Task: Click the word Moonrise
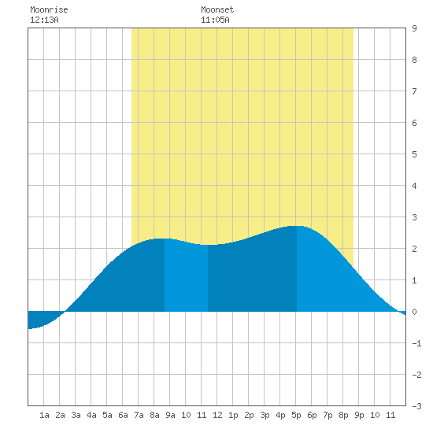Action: (49, 9)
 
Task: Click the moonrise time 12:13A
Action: (44, 20)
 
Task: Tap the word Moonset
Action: (217, 9)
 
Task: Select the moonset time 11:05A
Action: (215, 20)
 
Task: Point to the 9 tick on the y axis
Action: (414, 28)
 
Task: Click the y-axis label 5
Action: (414, 154)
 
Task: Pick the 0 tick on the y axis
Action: (414, 312)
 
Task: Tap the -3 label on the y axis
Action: (416, 406)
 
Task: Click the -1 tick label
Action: (416, 343)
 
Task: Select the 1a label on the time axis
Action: (44, 415)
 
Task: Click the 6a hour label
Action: (123, 415)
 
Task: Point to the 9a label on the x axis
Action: (170, 415)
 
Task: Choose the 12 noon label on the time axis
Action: (217, 415)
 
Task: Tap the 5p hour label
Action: (296, 415)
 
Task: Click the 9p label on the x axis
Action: (359, 415)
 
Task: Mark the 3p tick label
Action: (265, 415)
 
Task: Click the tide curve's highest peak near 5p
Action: (297, 226)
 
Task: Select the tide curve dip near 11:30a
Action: (208, 245)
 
